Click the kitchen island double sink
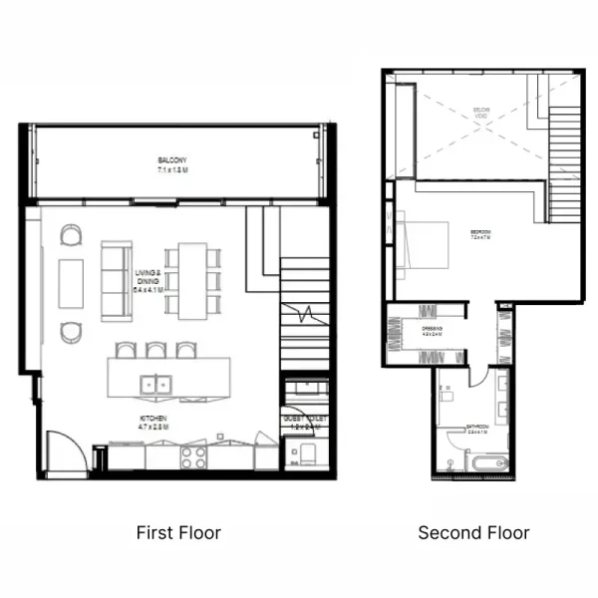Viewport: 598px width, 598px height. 153,382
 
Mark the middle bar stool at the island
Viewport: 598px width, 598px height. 154,350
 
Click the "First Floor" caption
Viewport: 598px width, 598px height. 178,533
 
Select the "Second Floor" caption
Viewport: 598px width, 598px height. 473,533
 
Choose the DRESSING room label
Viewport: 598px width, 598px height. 432,331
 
